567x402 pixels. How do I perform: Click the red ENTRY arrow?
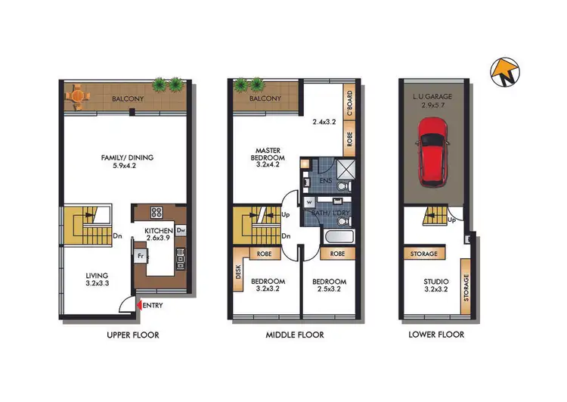[138, 305]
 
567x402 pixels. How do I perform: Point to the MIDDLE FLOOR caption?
[295, 334]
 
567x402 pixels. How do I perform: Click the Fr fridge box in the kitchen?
[141, 256]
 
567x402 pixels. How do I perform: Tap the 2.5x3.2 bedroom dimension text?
[329, 289]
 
